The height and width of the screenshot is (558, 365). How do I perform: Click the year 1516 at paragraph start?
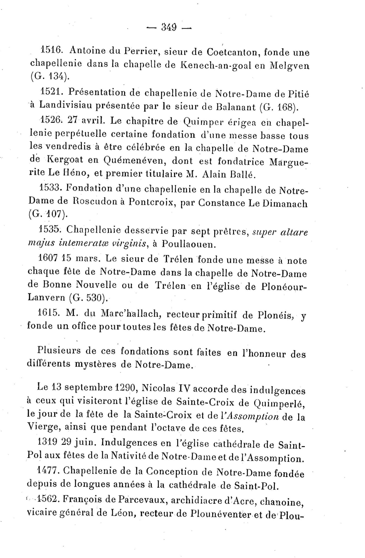(50, 50)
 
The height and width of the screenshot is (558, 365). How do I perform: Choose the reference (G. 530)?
(88, 298)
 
